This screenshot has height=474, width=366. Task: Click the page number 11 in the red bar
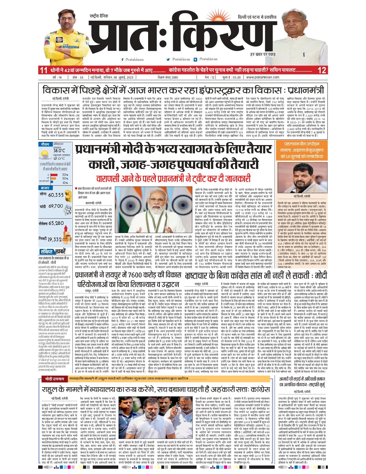coord(44,70)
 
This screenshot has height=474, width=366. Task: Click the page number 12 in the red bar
coord(322,70)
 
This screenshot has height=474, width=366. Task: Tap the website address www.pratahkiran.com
coord(263,77)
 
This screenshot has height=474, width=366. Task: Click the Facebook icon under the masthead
coord(123,59)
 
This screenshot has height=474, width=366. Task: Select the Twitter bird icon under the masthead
coord(168,59)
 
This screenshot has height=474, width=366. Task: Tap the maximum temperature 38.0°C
coord(59,151)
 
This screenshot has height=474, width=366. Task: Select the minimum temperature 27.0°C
coord(59,158)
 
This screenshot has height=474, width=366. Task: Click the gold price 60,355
coord(56,195)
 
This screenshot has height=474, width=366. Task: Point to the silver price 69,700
coord(56,206)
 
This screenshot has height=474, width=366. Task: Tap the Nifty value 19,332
coord(55,239)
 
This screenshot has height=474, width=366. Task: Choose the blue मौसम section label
coord(45,144)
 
